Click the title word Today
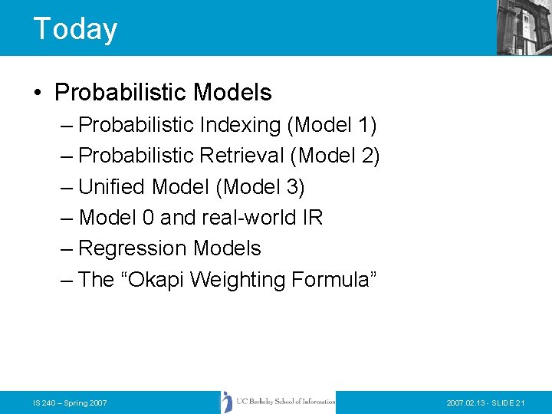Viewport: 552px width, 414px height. coord(75,29)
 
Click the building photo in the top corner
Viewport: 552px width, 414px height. coord(524,27)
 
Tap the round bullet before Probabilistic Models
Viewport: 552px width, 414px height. coord(38,94)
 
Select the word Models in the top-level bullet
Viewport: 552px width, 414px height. coord(232,93)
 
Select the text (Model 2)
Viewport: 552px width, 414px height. coord(335,156)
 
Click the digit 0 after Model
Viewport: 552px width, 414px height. coord(148,218)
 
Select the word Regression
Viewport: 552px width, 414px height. coord(133,248)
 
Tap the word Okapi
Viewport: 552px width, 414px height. coord(156,280)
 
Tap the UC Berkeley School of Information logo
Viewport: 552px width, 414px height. coord(278,402)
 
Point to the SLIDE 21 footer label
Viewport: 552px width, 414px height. coord(506,402)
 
